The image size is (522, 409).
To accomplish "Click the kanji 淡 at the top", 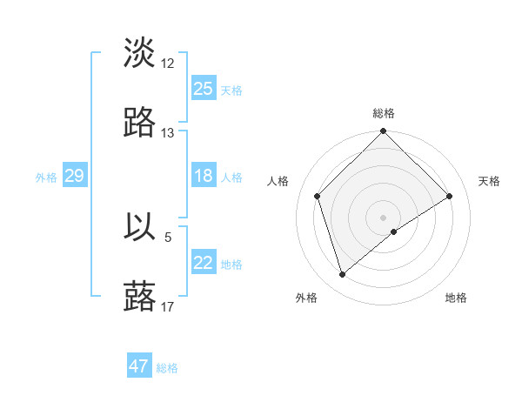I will [x=140, y=54].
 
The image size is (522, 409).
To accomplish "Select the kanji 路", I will [x=140, y=124].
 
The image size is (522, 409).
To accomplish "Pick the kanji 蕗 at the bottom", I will [x=140, y=296].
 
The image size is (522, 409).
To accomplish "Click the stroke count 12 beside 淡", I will [x=168, y=64].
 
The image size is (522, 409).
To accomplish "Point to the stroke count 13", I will [x=168, y=133].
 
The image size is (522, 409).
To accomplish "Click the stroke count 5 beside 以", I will [x=168, y=236].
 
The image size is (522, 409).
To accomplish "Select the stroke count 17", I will [x=168, y=305].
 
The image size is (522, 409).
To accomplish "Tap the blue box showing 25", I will [x=204, y=89].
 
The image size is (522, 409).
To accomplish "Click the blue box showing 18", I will [x=204, y=176].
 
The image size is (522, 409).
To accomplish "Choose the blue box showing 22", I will [x=204, y=263].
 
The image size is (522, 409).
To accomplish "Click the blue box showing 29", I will [x=74, y=176].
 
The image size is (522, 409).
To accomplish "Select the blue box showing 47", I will [x=139, y=366].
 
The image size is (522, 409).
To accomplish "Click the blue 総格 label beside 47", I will [x=167, y=368].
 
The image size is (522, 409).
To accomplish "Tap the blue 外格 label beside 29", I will [x=46, y=178].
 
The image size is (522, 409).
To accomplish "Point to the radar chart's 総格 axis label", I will [x=384, y=113].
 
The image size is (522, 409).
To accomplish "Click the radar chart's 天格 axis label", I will [x=489, y=181].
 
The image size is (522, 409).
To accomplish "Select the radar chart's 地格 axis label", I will [x=456, y=298].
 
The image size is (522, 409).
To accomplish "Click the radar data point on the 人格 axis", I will [x=318, y=196].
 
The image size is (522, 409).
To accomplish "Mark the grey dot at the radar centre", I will [x=384, y=217].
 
